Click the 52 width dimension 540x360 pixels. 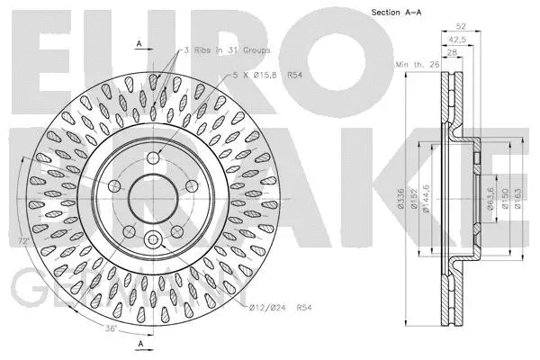[463, 26]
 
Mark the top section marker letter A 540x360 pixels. [139, 43]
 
